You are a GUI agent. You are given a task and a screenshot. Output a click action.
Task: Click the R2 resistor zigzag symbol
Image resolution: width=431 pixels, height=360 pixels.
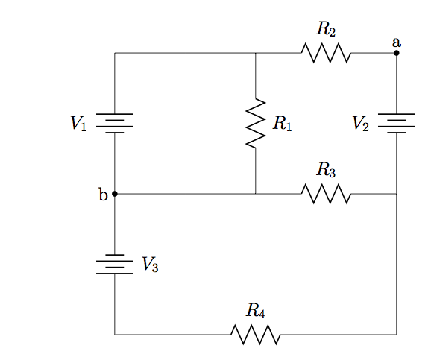(x=326, y=53)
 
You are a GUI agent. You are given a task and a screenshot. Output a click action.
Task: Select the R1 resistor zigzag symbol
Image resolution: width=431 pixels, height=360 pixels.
(x=256, y=124)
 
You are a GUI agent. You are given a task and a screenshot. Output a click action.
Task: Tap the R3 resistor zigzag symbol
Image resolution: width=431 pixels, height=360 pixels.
(x=326, y=194)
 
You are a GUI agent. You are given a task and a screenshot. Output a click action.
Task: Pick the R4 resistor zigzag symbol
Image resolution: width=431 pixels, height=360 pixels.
(x=256, y=335)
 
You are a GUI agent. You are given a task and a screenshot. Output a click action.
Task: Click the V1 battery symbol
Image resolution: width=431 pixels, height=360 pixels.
(x=115, y=124)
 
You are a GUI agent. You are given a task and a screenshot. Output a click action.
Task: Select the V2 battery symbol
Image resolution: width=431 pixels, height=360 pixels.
(x=397, y=124)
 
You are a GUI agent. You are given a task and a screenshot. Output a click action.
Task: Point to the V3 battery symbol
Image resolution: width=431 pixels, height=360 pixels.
(x=115, y=264)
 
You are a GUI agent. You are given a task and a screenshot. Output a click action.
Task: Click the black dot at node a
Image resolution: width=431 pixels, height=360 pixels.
(x=397, y=53)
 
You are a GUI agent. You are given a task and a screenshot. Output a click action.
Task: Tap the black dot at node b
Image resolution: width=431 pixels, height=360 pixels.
(x=115, y=194)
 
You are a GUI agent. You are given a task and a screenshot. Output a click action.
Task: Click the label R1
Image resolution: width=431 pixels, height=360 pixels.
(x=283, y=124)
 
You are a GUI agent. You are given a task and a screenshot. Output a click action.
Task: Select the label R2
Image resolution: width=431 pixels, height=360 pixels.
(x=326, y=28)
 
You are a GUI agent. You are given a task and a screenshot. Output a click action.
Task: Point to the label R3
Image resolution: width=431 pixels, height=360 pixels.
(x=326, y=169)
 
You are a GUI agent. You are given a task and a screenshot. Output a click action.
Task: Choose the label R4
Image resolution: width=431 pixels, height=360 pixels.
(x=256, y=311)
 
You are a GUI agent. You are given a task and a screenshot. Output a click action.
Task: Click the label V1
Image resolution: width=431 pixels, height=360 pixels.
(x=78, y=124)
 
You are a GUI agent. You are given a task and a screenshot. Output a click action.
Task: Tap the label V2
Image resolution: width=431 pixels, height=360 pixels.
(x=360, y=124)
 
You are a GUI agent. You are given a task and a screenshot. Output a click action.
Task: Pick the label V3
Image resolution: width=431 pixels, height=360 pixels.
(x=150, y=265)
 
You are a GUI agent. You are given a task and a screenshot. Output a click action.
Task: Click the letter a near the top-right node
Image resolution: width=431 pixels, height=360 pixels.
(x=397, y=42)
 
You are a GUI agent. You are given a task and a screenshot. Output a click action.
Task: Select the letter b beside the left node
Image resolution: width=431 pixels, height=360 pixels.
(x=103, y=194)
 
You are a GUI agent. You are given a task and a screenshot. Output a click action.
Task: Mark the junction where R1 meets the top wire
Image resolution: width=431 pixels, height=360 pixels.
(x=256, y=53)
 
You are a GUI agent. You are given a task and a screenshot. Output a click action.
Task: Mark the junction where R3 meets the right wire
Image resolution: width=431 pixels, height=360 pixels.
(x=397, y=194)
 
